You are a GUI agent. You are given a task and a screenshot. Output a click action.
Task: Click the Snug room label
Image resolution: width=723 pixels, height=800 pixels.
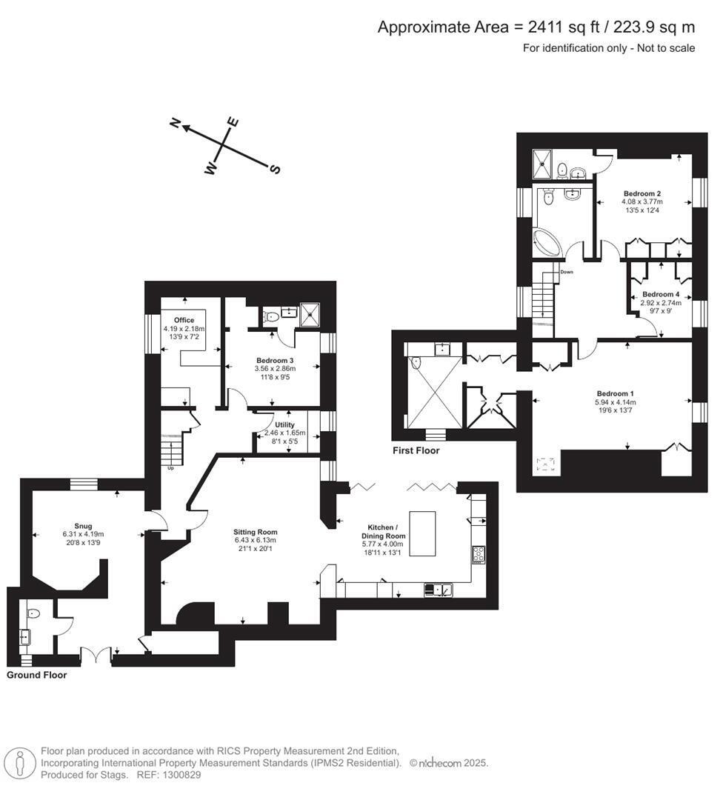pyautogui.click(x=83, y=526)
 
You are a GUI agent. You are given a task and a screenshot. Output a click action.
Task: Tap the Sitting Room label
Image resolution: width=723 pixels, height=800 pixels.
pyautogui.click(x=255, y=532)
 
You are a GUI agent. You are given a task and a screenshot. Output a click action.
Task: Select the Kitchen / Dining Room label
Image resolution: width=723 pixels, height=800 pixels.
pyautogui.click(x=383, y=532)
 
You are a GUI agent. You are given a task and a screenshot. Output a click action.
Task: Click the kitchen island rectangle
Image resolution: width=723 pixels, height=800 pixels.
pyautogui.click(x=423, y=533)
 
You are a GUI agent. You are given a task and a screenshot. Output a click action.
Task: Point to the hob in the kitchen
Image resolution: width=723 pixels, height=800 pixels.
pyautogui.click(x=479, y=554)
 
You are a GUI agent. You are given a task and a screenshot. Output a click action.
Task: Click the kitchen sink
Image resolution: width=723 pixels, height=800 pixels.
pyautogui.click(x=439, y=590)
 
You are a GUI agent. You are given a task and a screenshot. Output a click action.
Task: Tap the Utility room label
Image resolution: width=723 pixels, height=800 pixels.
pyautogui.click(x=284, y=424)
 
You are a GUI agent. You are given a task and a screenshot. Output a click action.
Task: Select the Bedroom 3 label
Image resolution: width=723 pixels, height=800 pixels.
pyautogui.click(x=275, y=360)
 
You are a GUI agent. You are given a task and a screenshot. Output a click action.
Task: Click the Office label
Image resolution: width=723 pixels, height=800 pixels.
pyautogui.click(x=184, y=320)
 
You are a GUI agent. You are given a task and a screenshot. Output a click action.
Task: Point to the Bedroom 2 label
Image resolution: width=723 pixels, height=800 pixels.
pyautogui.click(x=642, y=193)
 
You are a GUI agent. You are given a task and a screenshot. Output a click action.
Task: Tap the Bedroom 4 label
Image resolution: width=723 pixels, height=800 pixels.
pyautogui.click(x=661, y=294)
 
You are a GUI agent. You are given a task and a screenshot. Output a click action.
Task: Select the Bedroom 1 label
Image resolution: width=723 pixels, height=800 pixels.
pyautogui.click(x=616, y=393)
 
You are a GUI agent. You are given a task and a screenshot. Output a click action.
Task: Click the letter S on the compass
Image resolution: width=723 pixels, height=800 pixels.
pyautogui.click(x=275, y=168)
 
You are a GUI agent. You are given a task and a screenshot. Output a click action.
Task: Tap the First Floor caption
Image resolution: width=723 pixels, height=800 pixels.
pyautogui.click(x=416, y=450)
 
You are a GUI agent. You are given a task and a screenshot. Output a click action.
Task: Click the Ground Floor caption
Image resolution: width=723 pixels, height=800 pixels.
pyautogui.click(x=37, y=675)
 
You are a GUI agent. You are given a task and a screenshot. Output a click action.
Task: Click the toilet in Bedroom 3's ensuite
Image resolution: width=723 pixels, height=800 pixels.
pyautogui.click(x=270, y=316)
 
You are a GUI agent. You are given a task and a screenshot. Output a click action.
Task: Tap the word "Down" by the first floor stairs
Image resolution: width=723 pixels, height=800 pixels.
pyautogui.click(x=567, y=272)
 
